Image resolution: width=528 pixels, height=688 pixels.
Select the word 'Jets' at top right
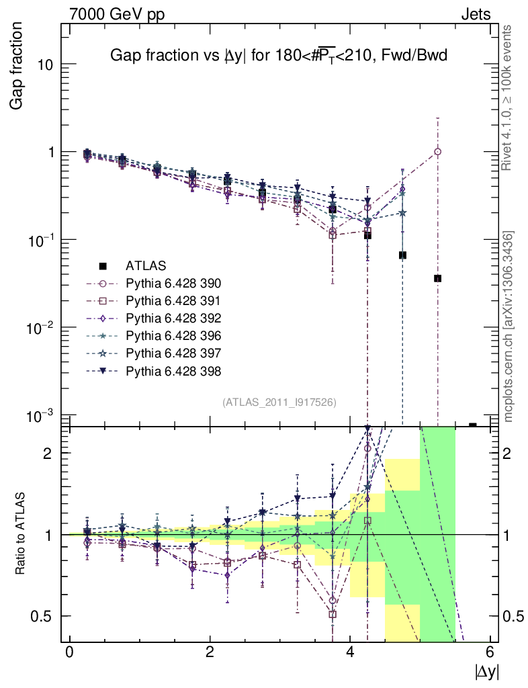(x=475, y=14)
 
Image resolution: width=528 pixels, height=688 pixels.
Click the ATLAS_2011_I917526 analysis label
(x=279, y=402)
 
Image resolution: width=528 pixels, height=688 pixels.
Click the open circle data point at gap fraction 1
(x=437, y=152)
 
